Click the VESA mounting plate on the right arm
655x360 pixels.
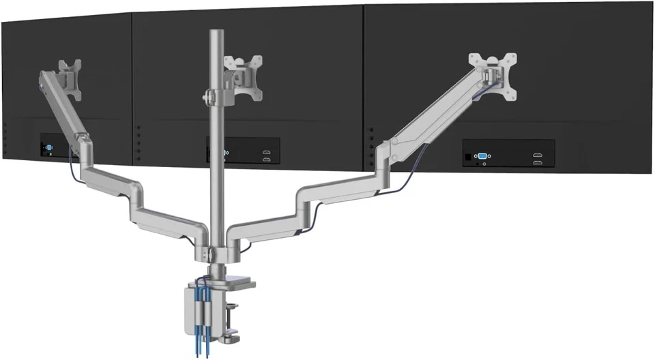[x=486, y=69]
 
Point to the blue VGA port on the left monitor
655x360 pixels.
[x=50, y=148]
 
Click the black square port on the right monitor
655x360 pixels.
[x=467, y=157]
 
